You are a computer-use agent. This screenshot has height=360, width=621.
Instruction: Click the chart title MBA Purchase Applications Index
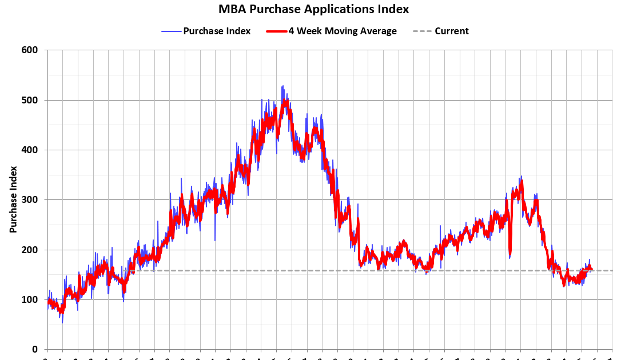click(x=314, y=9)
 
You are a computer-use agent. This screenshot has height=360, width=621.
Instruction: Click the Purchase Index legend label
click(x=217, y=31)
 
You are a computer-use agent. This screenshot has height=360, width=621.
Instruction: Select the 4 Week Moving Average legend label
click(x=343, y=31)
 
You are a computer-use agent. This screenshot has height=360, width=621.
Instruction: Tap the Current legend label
click(x=451, y=31)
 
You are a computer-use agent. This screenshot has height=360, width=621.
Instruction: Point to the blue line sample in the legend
click(x=171, y=31)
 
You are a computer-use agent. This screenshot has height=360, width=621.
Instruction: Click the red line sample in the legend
click(x=276, y=31)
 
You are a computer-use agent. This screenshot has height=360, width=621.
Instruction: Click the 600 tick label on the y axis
click(x=30, y=50)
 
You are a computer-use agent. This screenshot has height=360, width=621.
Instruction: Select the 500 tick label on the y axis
click(x=30, y=100)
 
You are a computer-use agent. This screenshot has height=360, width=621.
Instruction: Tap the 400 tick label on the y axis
click(x=30, y=150)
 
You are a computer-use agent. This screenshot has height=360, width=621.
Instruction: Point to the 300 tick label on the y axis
click(x=30, y=200)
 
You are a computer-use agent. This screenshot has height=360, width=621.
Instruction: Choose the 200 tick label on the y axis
click(x=30, y=250)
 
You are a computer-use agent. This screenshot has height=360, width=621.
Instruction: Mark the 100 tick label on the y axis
click(x=30, y=299)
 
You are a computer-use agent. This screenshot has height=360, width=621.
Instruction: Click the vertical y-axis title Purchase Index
click(x=13, y=199)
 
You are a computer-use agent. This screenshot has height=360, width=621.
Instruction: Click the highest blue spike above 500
click(x=282, y=86)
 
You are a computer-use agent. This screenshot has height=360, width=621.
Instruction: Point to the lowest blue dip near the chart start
click(x=62, y=322)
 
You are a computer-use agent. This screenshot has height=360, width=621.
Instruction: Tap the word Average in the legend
click(x=378, y=31)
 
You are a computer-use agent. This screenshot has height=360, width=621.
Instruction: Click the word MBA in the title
click(x=230, y=9)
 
